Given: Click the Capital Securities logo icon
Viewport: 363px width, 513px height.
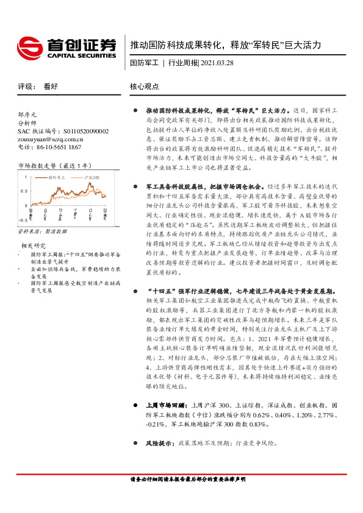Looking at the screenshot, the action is [x=29, y=45].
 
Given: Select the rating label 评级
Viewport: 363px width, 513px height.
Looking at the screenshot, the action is [x=26, y=87].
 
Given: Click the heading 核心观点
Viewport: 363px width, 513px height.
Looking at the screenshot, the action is [x=145, y=87].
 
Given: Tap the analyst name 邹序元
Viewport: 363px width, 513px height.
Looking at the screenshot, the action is [x=28, y=115].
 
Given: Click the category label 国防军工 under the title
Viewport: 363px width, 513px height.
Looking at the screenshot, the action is [x=145, y=62].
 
